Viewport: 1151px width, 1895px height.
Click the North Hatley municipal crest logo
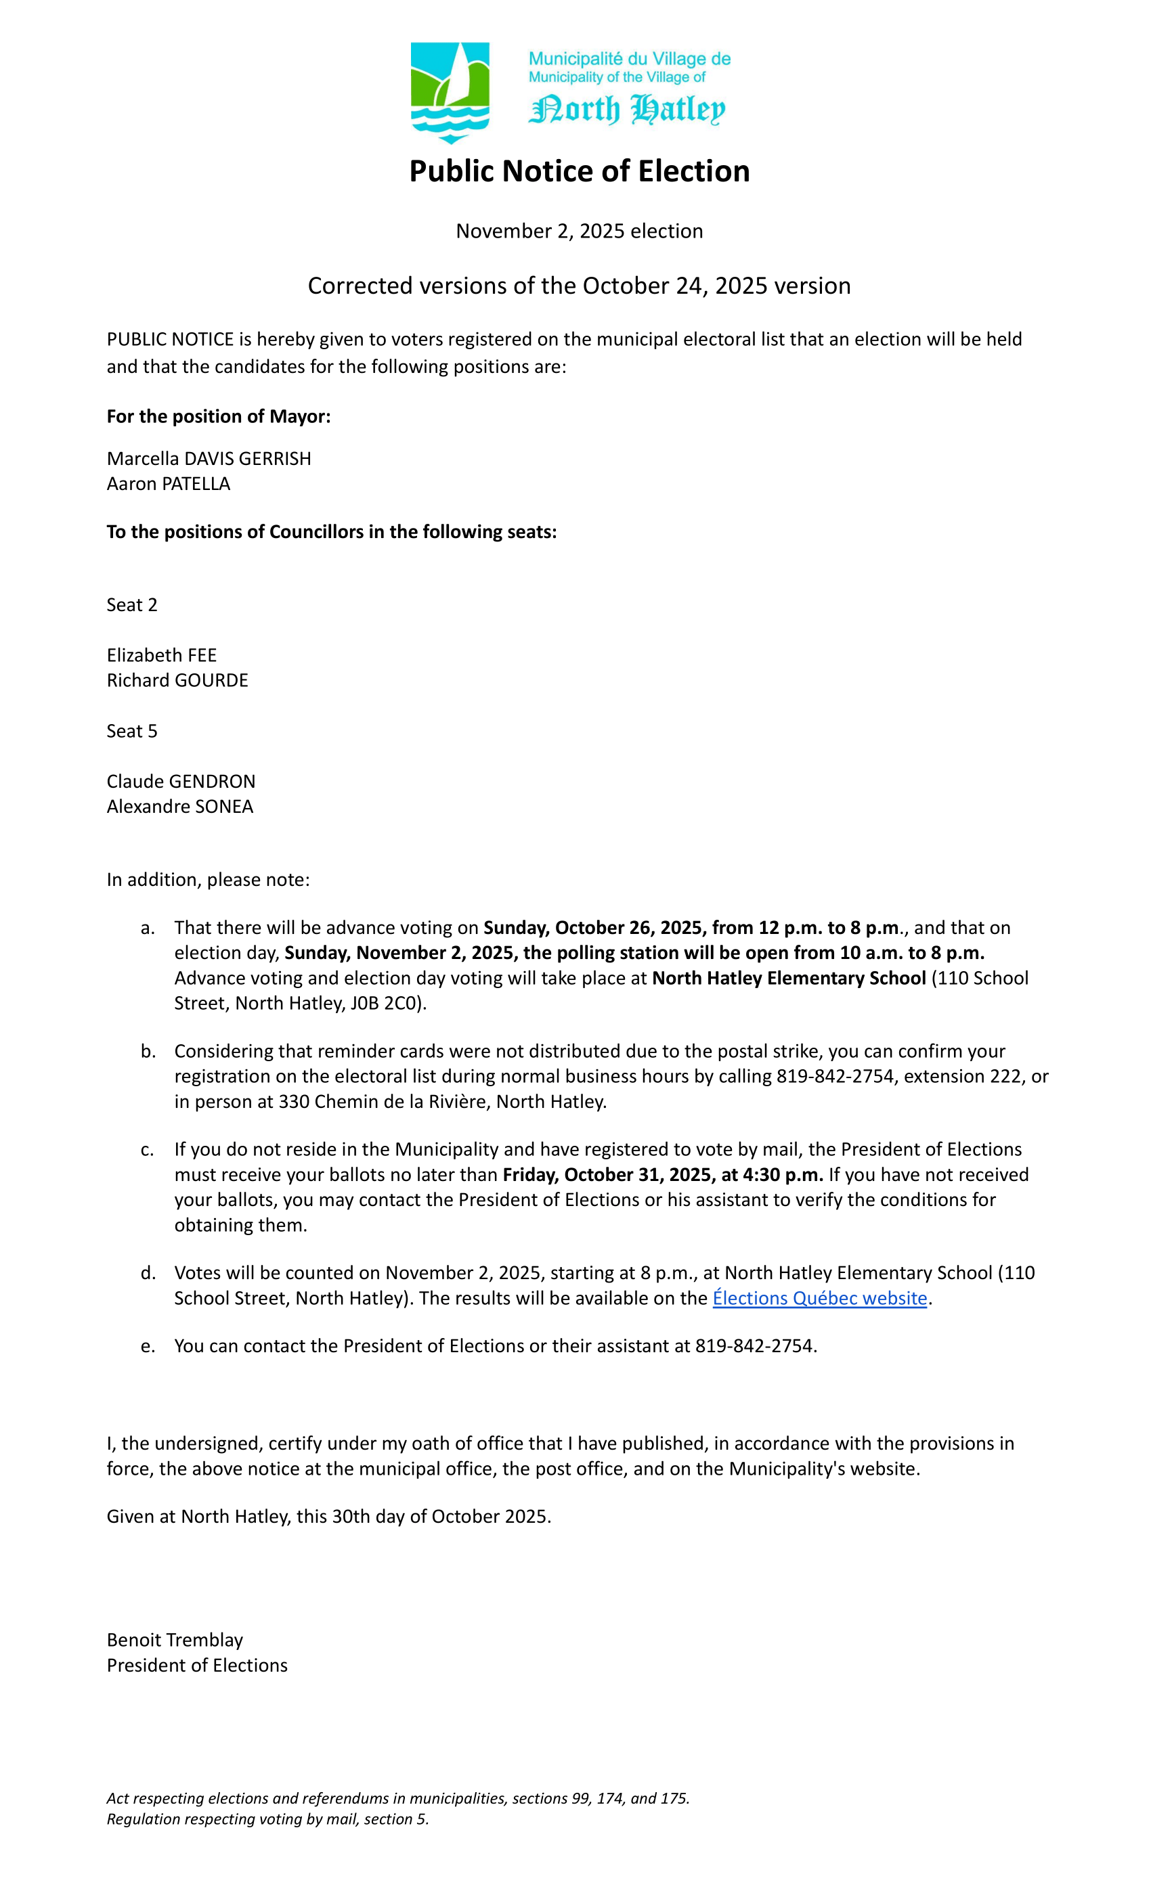tap(450, 92)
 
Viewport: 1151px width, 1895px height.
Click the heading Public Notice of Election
tap(579, 171)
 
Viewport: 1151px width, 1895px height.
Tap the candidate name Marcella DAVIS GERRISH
tap(209, 458)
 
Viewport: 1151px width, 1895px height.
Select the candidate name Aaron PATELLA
tap(168, 484)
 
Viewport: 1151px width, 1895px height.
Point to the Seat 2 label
tap(131, 605)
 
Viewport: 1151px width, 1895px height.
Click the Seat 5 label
tap(131, 732)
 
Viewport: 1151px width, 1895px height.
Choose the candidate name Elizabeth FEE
tap(162, 655)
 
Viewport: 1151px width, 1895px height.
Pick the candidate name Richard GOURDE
tap(177, 681)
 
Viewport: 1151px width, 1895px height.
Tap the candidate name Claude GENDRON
tap(181, 782)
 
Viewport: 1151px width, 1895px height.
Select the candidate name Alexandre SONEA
tap(179, 807)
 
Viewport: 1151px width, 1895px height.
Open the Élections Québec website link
tap(819, 1298)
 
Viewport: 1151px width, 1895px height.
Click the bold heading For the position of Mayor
tap(219, 416)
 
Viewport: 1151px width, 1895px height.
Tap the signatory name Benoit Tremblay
tap(175, 1640)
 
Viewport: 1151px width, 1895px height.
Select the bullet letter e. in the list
tap(148, 1346)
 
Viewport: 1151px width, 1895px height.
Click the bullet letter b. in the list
tap(148, 1051)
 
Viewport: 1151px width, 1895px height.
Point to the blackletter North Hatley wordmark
tap(626, 109)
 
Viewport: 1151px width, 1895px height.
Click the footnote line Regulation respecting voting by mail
tap(267, 1819)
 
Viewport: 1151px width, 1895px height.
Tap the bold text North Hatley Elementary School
tap(789, 978)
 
